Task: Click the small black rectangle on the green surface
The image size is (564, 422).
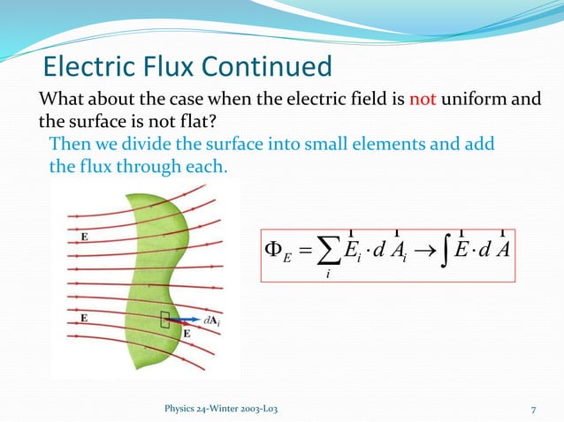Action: tap(165, 322)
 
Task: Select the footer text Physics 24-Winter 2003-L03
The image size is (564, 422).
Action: tap(218, 409)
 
